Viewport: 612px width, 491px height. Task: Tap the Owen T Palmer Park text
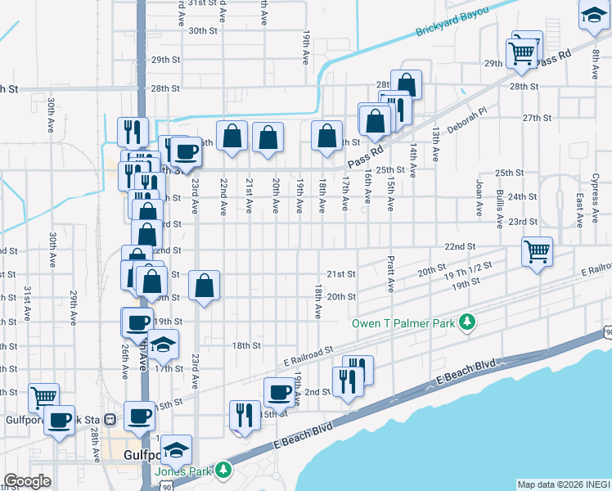coord(403,323)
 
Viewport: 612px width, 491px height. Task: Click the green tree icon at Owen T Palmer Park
coord(467,322)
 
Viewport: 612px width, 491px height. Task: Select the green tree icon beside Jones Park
coord(223,471)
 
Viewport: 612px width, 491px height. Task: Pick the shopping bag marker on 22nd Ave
coord(232,136)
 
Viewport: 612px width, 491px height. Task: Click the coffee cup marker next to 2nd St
coord(279,392)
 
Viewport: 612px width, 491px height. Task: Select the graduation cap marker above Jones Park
coord(176,448)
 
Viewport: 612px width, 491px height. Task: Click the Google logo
coord(29,481)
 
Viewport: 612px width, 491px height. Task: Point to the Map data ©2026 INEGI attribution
coord(564,484)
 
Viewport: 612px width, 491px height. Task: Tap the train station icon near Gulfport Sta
coord(110,419)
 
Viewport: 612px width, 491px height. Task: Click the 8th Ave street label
coord(596,65)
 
